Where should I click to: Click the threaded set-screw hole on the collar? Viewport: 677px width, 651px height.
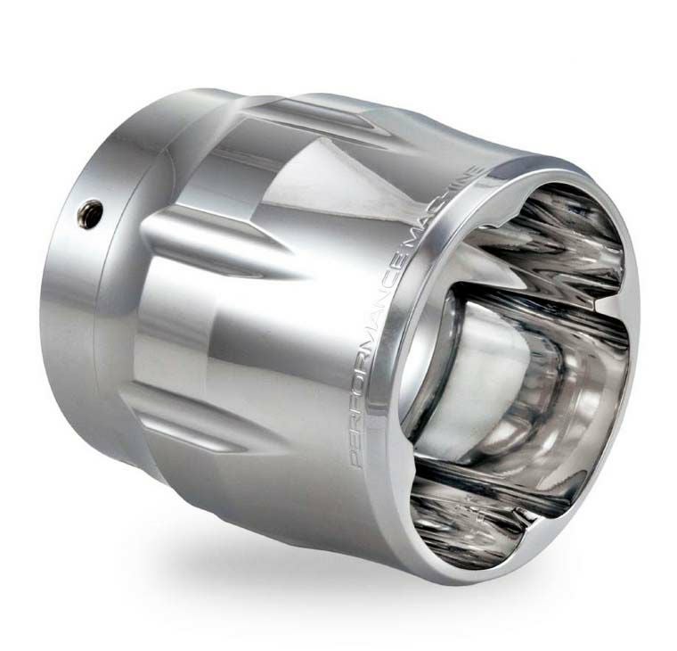point(90,211)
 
